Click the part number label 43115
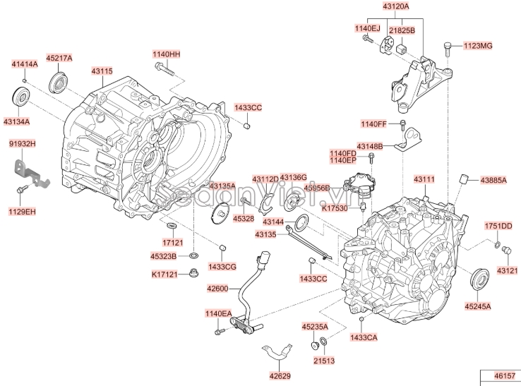pos(102,71)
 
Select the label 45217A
pos(59,57)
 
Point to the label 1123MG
pos(478,46)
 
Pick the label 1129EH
pos(22,211)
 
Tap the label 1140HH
pos(167,54)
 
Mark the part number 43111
pos(424,181)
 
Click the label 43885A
pos(493,180)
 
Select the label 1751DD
pos(498,226)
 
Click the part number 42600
pos(218,288)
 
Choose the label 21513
pos(325,360)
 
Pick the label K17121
pos(164,274)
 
